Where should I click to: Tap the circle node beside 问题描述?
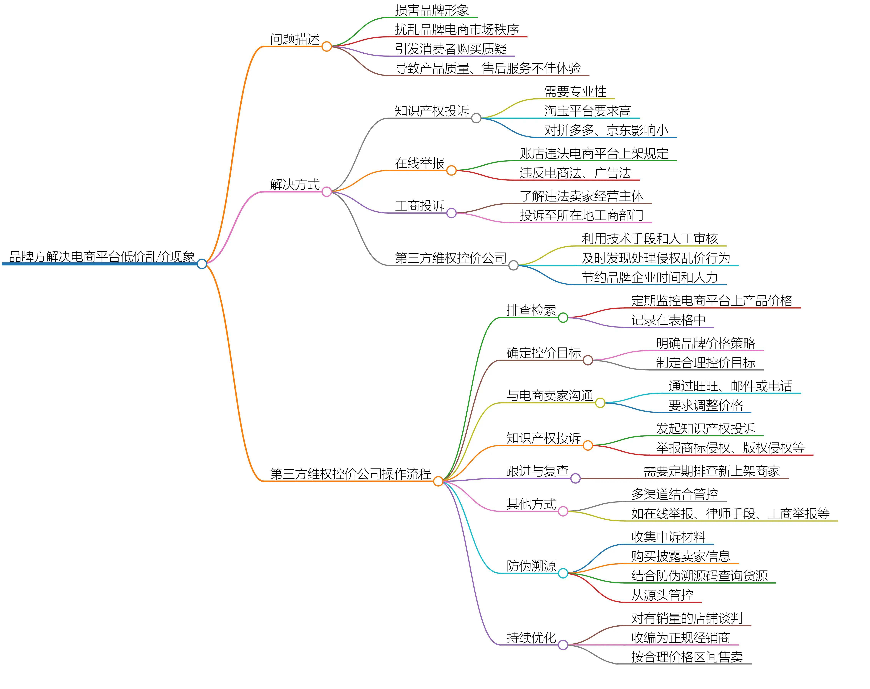point(327,46)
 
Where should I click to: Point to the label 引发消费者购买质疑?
point(450,49)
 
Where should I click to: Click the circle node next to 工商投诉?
point(451,213)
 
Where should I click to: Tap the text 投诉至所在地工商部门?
point(581,215)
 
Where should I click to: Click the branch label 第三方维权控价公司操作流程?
point(350,474)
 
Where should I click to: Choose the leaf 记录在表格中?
point(668,320)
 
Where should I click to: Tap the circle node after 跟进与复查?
point(575,478)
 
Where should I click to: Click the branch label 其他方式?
point(531,504)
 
